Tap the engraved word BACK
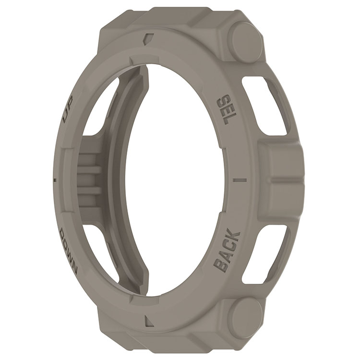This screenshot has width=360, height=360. click(228, 250)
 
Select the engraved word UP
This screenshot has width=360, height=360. click(68, 109)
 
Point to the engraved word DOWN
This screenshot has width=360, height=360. click(69, 252)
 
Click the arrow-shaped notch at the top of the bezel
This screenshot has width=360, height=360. click(148, 39)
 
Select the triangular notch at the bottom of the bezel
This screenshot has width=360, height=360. click(150, 320)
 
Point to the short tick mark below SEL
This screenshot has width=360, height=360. click(240, 180)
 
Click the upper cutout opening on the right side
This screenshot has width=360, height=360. click(266, 103)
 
